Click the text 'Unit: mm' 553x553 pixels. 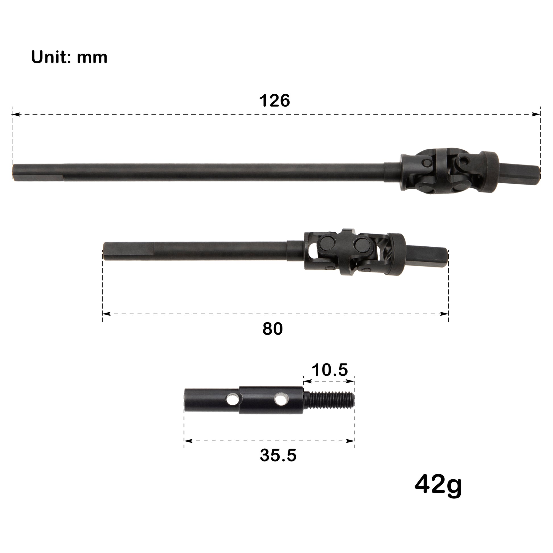(69, 57)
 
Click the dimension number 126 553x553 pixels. (274, 101)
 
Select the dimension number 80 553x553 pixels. (273, 329)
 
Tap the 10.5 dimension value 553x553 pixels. (329, 370)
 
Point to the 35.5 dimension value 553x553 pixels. (278, 455)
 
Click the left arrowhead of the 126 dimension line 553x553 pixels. (16, 114)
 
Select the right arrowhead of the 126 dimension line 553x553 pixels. (536, 114)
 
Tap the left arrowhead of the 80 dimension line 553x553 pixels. (107, 314)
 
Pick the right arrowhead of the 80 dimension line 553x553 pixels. (444, 314)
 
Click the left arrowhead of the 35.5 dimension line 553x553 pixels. (188, 441)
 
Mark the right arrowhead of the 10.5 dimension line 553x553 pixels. (351, 381)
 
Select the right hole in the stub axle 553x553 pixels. (280, 400)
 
